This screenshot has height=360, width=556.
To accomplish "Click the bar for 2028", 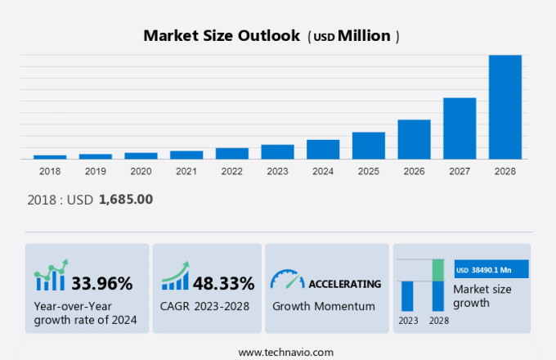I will coord(504,107).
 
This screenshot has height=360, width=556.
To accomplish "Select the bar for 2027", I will coord(460,128).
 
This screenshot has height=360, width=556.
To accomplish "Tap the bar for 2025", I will coord(368,146).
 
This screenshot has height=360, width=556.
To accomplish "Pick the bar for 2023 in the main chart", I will coord(277,151).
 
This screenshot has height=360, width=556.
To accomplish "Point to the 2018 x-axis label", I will coord(50,171).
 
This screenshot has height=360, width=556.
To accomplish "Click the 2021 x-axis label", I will coord(186,171).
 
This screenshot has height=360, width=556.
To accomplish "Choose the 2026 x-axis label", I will coord(414,171).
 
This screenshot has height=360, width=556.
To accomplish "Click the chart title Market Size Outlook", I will coord(221,36).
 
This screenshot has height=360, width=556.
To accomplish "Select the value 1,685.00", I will coord(125,199).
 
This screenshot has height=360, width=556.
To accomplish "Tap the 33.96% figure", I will coord(102,284).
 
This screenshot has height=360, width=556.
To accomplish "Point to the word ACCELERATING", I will coord(344,284).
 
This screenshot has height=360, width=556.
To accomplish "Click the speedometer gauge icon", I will coord(286,279).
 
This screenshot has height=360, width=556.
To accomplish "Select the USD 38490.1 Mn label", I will coord(491,269).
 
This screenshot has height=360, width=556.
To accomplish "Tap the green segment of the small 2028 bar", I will coord(438,270).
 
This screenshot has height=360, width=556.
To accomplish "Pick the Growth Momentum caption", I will coord(323,306).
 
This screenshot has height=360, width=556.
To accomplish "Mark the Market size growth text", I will coord(482,296).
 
